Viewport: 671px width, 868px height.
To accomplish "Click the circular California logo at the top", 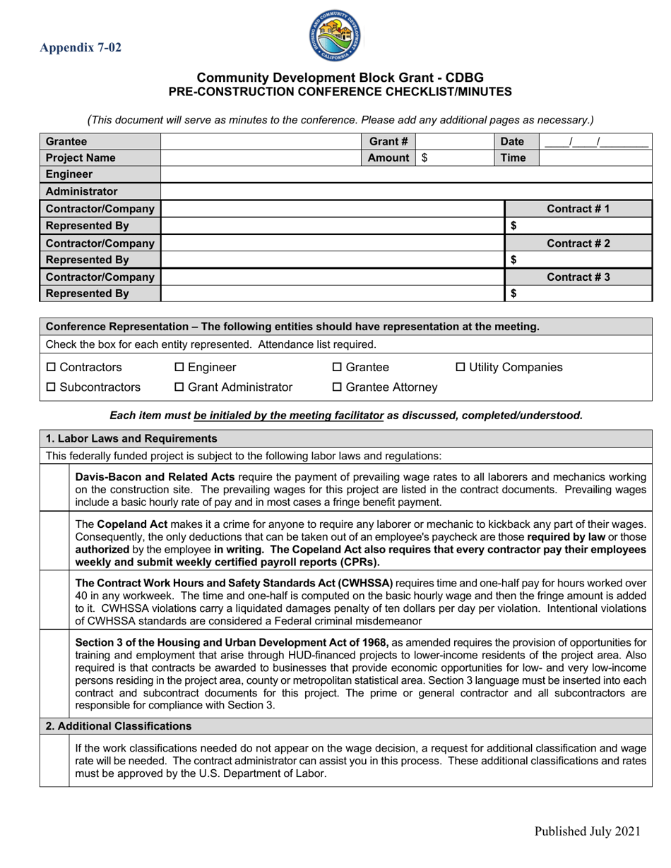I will click(335, 36).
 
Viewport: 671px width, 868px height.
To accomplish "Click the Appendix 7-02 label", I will click(81, 48).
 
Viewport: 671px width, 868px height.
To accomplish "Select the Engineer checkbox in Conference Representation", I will click(179, 368).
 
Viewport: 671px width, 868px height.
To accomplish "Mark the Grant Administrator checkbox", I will click(179, 387).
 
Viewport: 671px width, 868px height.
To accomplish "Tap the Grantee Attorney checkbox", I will click(337, 387).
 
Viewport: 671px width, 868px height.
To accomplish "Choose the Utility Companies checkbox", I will click(461, 368).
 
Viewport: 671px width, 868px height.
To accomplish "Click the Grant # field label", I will click(388, 141).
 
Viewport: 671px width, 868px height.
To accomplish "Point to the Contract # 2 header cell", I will click(578, 243).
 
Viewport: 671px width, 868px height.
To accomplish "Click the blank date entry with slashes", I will click(595, 141).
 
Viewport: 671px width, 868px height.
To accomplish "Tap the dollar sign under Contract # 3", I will click(513, 294).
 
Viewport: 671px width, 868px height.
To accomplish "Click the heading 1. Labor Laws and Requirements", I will click(131, 438).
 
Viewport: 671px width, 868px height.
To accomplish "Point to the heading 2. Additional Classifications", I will click(118, 725).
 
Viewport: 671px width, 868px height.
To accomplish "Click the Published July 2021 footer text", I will click(587, 831).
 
